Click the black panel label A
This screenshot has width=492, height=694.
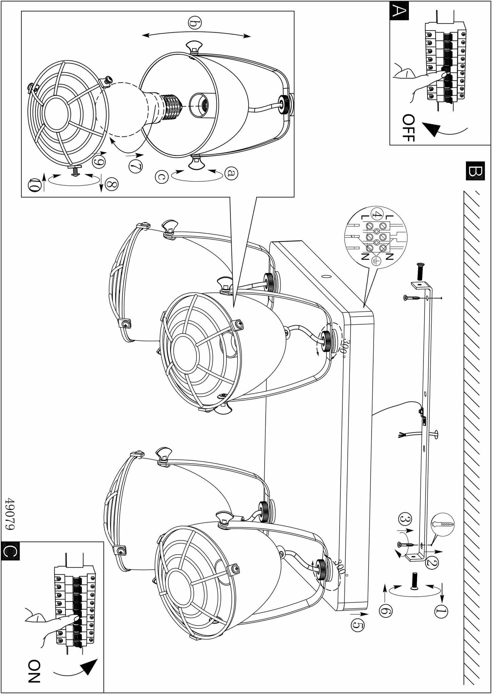pos(399,11)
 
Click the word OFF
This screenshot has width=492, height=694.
pos(408,128)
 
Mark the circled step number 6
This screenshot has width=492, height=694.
pos(385,611)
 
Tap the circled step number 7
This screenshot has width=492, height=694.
pos(135,166)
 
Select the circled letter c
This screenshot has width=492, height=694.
pos(162,177)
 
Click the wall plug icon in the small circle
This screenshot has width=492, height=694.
pos(442,524)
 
